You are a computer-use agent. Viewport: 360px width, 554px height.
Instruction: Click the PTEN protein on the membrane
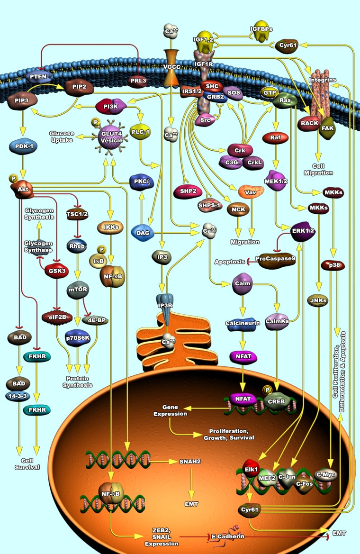click(x=38, y=76)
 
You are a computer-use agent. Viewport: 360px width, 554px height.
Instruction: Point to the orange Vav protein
click(x=251, y=192)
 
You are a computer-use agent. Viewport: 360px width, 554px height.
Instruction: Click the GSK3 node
click(x=57, y=271)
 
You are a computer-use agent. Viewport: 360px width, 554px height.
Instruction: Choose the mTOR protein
click(x=78, y=290)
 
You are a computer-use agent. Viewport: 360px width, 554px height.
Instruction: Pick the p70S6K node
click(x=78, y=338)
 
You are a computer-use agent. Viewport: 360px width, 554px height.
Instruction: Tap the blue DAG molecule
click(x=143, y=233)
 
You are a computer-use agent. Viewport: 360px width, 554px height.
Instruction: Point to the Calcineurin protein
click(x=243, y=324)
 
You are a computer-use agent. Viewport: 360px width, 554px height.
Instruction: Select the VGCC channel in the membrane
click(x=171, y=67)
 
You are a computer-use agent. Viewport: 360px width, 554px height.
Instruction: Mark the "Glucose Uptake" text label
click(x=62, y=137)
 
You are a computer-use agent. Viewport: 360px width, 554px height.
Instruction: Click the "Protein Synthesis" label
click(x=78, y=382)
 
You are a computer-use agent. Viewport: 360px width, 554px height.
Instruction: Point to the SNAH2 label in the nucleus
click(x=190, y=462)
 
